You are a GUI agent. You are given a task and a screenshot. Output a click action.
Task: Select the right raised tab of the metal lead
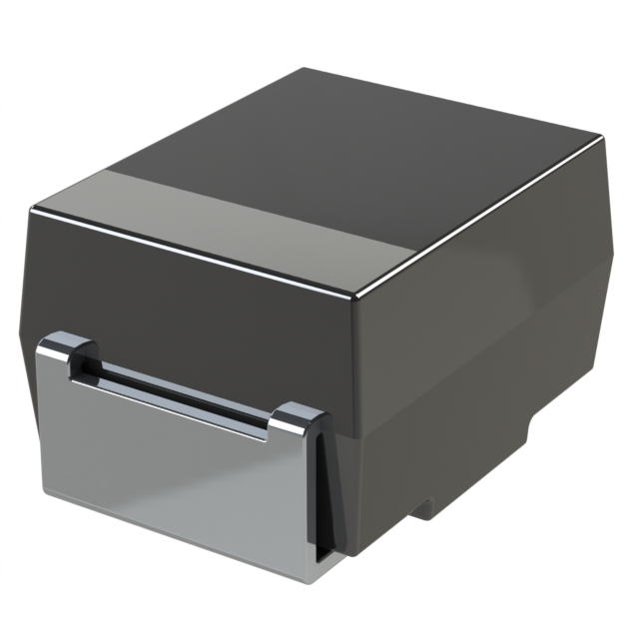coord(296,418)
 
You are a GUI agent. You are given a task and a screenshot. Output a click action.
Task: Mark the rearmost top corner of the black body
coord(305,69)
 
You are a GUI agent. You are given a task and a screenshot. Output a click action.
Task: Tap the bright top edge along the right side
coord(479,220)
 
